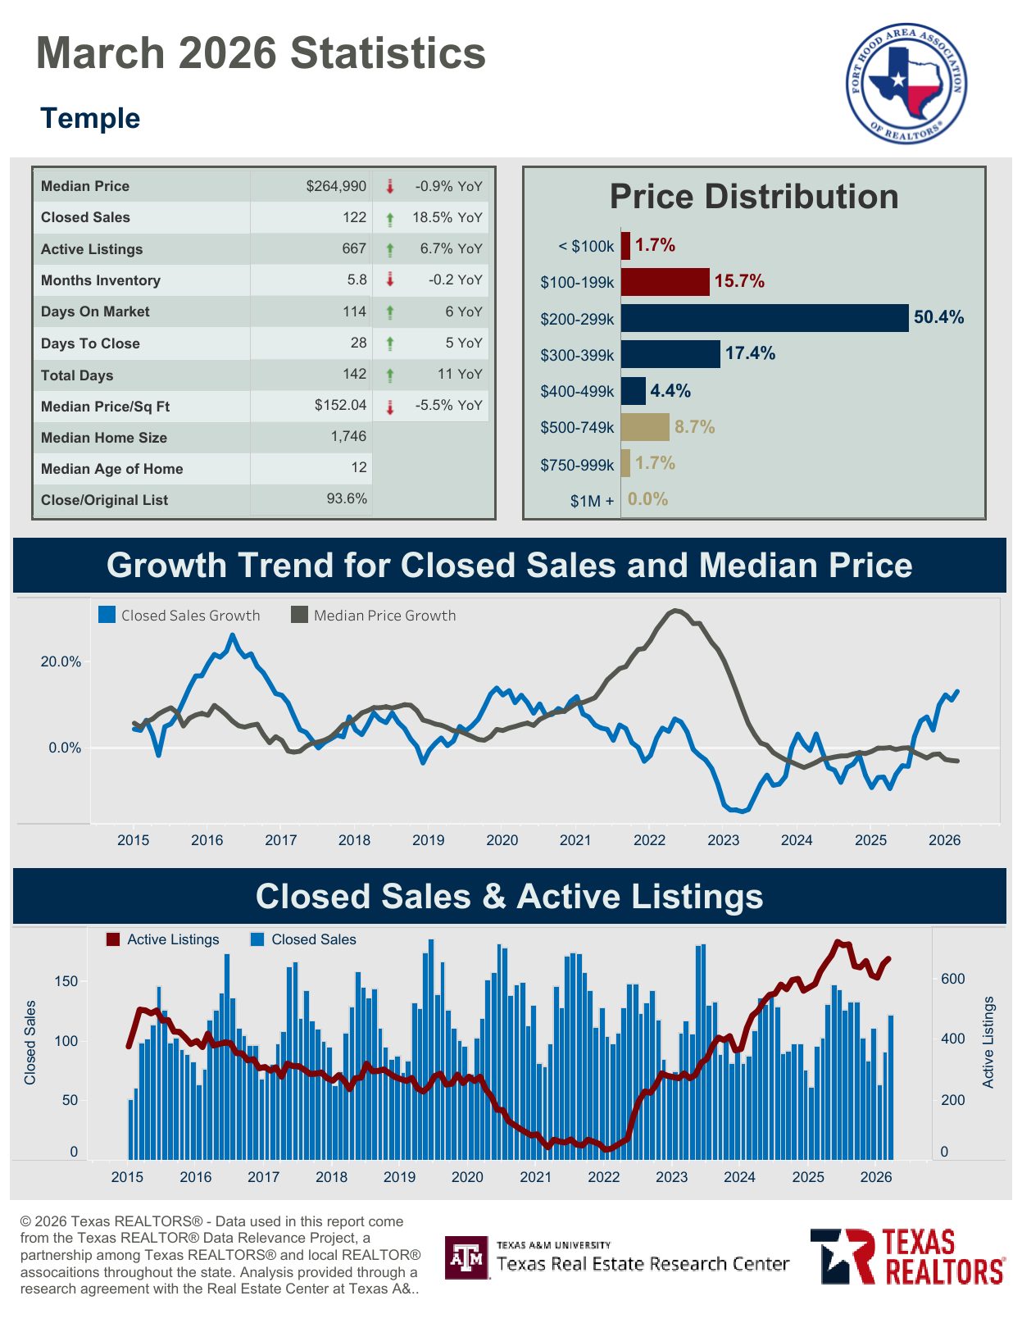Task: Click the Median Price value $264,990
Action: pos(336,186)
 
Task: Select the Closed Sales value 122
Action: pos(354,217)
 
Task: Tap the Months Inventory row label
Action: pos(101,280)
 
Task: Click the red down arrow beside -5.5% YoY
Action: pos(390,406)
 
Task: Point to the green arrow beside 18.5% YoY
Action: pos(390,218)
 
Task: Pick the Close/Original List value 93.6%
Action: pos(347,499)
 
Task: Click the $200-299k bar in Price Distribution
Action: pos(764,318)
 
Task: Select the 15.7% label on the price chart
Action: pos(739,281)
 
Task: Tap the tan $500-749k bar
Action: pos(645,427)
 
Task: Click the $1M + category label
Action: pos(592,501)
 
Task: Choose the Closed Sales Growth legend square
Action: pos(107,615)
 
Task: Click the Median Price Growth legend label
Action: pos(384,616)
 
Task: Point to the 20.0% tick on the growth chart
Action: pos(61,662)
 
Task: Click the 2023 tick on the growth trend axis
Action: pos(723,840)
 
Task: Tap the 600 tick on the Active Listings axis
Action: pos(953,979)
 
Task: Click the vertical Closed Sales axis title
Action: pos(30,1043)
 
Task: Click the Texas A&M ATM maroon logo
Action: pos(467,1257)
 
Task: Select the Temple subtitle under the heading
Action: pos(90,118)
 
